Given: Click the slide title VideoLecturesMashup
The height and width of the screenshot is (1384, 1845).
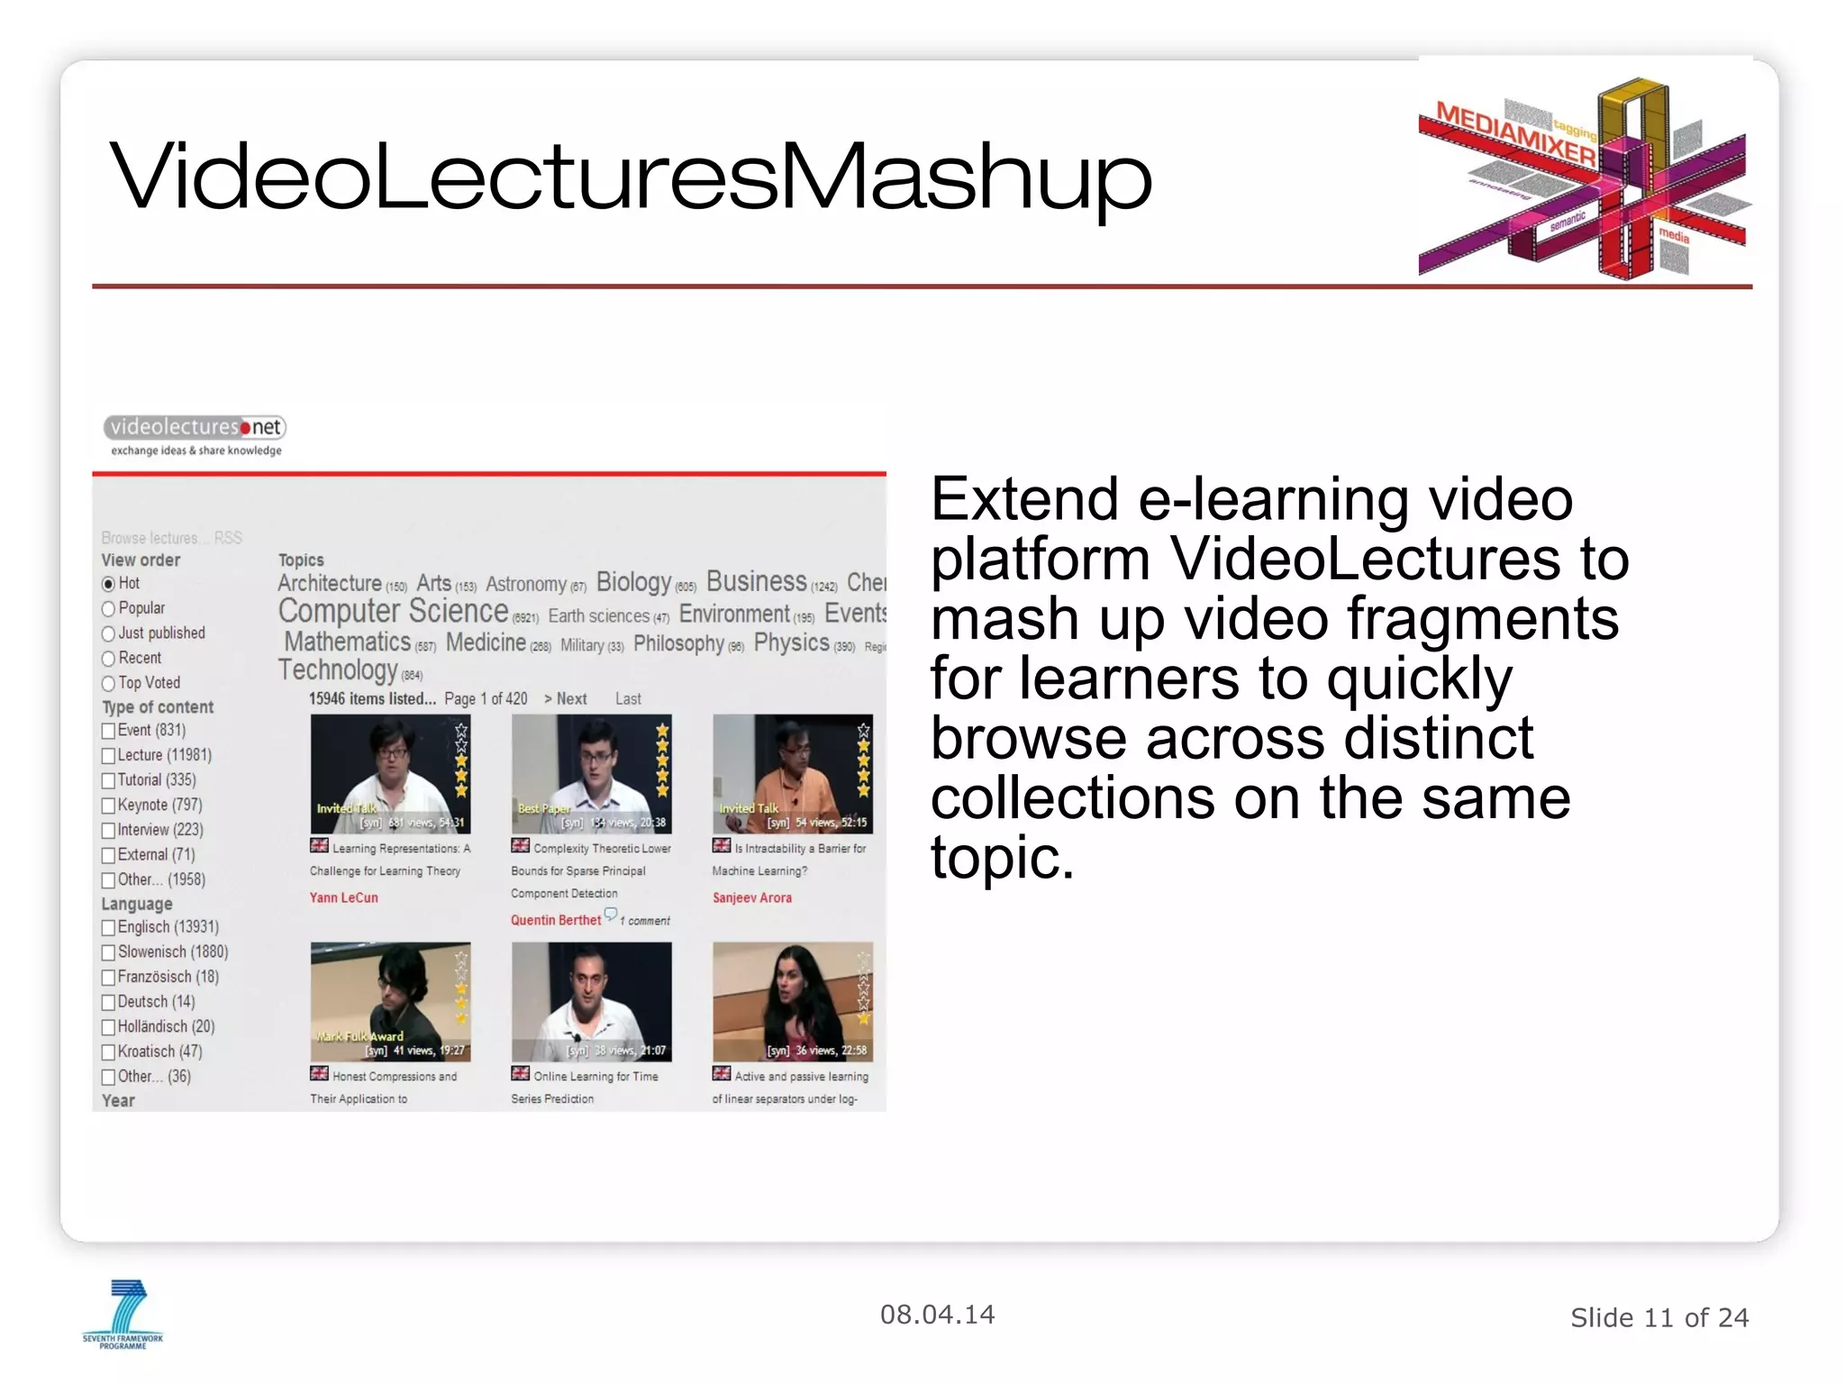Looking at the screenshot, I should coord(631,178).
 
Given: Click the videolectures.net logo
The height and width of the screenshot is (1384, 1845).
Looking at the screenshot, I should coord(195,435).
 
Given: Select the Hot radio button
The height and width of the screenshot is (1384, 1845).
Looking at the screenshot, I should coord(109,584).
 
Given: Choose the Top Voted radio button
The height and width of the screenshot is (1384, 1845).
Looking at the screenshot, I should coord(109,684).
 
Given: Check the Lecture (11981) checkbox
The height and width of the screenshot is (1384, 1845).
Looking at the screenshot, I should coord(109,756).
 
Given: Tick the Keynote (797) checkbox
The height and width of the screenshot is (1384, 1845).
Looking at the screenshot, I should coord(109,806).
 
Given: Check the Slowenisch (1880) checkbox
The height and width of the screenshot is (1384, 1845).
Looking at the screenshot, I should coord(109,952).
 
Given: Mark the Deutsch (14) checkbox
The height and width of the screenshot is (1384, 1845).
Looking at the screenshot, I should coord(109,1002).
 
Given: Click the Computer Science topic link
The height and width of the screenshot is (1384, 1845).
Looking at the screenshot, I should coord(393,612).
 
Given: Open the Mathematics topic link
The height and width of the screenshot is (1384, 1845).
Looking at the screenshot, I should coord(348,642).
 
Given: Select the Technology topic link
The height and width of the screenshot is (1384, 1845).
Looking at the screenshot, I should coord(338,670).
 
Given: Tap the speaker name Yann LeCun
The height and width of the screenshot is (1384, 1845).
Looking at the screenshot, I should coord(344,898).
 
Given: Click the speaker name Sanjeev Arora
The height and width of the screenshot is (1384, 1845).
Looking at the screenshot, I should coord(752,898).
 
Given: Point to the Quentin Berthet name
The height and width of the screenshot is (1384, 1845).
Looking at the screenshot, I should coord(556,921).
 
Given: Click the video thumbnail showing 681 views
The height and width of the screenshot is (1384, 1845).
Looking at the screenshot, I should coord(390,774).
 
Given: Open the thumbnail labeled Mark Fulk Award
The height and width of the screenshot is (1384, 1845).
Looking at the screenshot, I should coord(390,1002).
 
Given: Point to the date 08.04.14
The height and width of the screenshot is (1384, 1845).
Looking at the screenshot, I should coord(937,1316).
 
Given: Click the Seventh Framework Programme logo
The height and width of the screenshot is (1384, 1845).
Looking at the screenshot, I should coord(123,1315).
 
